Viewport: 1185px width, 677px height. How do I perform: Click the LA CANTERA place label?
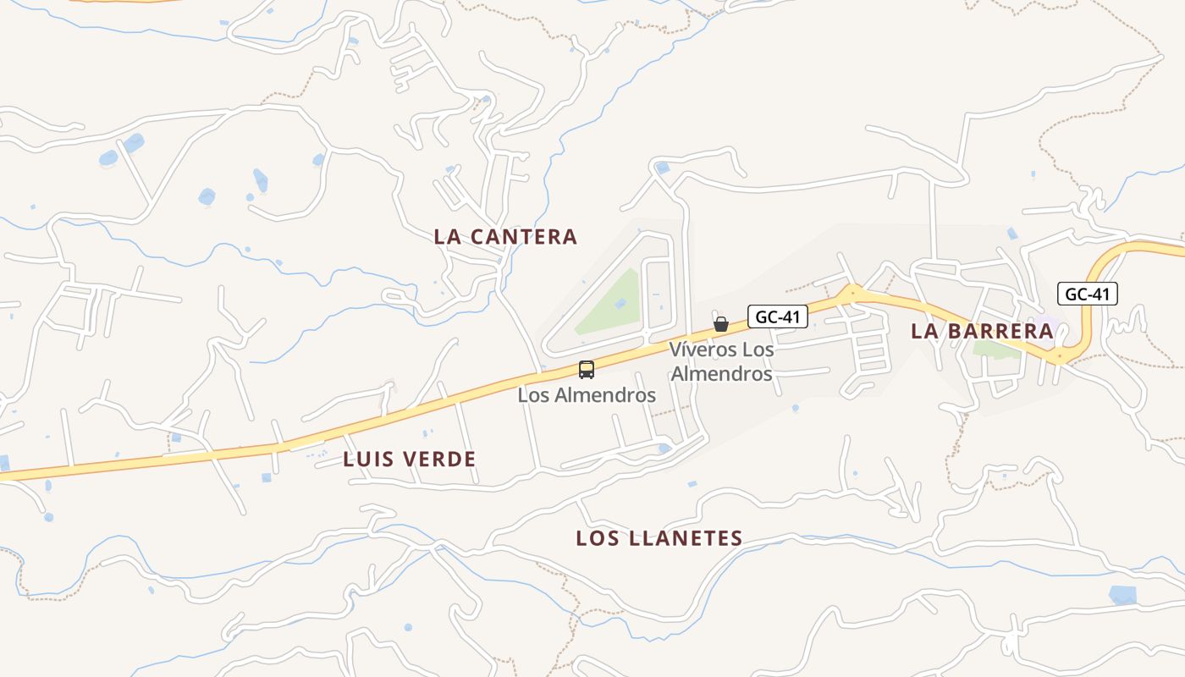[x=505, y=237]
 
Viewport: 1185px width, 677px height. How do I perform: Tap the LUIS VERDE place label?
[x=410, y=460]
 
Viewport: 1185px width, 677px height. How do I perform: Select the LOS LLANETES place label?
[x=659, y=538]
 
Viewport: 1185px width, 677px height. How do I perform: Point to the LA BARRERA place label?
[x=982, y=331]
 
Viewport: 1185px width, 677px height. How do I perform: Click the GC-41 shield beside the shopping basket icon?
[x=777, y=316]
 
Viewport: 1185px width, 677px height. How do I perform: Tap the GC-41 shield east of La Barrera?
[x=1087, y=294]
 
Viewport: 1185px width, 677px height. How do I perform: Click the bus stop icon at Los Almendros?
[x=586, y=370]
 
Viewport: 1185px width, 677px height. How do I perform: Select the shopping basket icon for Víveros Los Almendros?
[x=720, y=324]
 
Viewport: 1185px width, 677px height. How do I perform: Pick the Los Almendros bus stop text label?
[x=587, y=395]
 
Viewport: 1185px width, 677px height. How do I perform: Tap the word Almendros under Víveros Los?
[x=721, y=373]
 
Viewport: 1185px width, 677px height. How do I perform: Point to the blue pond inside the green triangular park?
[x=622, y=302]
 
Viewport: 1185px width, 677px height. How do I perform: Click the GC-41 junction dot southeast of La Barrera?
[x=1059, y=358]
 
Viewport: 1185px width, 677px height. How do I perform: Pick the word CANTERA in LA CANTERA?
[x=524, y=237]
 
